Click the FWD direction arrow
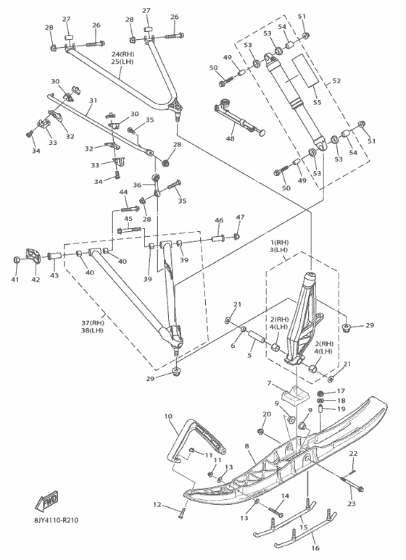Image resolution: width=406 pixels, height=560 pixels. click(x=46, y=501)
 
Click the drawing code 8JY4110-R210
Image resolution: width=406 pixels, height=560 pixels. click(x=57, y=520)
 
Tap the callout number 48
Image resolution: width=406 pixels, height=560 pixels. click(x=231, y=138)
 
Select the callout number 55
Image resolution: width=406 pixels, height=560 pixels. click(x=317, y=102)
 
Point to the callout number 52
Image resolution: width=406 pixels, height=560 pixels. click(x=336, y=80)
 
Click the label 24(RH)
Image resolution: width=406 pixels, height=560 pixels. click(x=123, y=54)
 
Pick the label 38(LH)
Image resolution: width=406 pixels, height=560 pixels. click(x=92, y=330)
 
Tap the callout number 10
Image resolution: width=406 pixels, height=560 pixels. click(x=168, y=417)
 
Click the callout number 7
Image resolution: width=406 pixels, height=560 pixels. click(x=269, y=383)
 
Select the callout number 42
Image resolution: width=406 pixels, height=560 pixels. click(x=36, y=280)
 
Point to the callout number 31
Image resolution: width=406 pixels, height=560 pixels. click(x=93, y=101)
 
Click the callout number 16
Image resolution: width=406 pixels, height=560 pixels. click(x=315, y=548)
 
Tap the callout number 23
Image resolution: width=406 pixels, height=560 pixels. click(x=352, y=503)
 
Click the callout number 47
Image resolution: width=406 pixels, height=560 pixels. click(x=240, y=217)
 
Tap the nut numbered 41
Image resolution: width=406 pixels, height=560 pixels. click(x=16, y=259)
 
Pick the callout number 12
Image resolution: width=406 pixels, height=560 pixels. click(x=157, y=505)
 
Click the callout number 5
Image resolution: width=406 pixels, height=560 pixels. click(x=249, y=356)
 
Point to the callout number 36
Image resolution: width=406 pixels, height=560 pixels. click(x=137, y=185)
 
